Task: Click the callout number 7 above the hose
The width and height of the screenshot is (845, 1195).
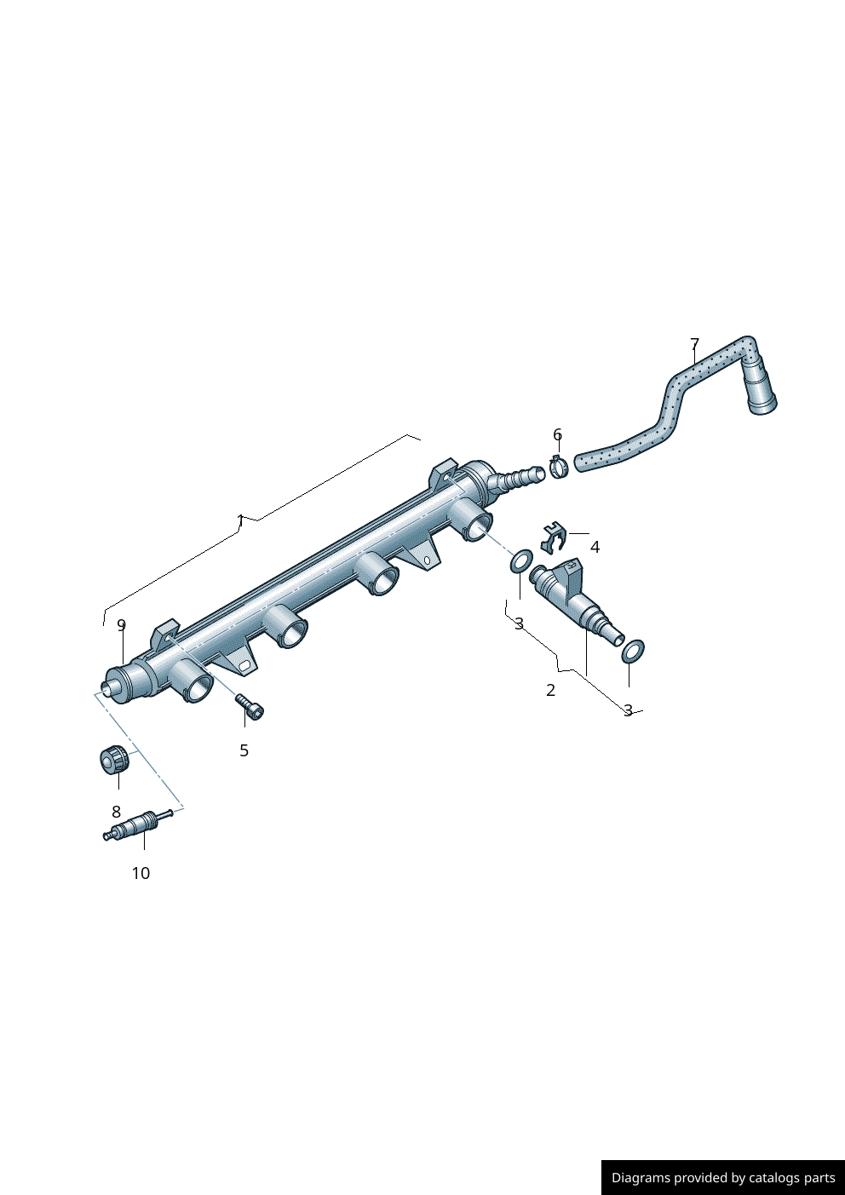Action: (694, 343)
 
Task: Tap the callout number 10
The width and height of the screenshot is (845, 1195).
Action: (141, 873)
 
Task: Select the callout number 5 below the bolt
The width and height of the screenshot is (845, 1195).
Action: (244, 750)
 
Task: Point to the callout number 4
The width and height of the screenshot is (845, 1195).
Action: (595, 547)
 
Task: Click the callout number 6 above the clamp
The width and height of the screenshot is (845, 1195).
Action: (557, 434)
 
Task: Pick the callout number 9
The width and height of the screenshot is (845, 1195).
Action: (122, 624)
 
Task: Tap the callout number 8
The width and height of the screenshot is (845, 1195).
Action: (117, 812)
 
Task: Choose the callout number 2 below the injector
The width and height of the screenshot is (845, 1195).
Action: (550, 690)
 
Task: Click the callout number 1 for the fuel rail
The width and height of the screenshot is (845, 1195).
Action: (240, 520)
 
